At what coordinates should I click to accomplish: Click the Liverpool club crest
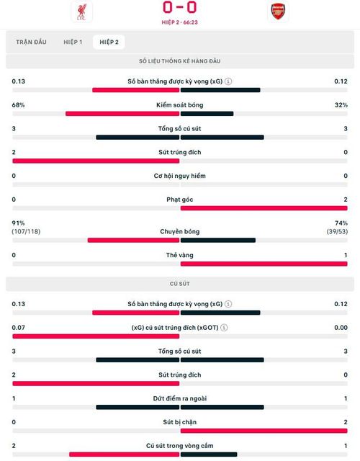tap(81, 12)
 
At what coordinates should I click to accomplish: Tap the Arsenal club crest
tap(278, 12)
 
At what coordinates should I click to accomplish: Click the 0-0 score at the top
tap(179, 7)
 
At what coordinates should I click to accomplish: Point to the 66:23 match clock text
tap(190, 22)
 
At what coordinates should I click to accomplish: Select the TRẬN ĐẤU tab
tap(31, 42)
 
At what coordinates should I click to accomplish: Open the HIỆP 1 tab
tap(73, 42)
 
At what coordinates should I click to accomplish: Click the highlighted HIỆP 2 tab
tap(109, 42)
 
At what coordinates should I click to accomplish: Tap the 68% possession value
tap(18, 105)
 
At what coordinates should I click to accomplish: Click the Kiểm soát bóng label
tap(179, 105)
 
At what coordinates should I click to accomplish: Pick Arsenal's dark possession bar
tap(207, 114)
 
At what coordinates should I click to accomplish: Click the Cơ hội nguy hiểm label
tap(179, 176)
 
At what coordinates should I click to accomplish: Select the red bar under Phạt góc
tap(264, 208)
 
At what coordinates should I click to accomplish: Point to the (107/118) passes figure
tap(26, 232)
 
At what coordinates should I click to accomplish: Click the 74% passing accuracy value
tap(341, 223)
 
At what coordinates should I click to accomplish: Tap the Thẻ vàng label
tap(179, 255)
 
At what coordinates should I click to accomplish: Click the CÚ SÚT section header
tap(180, 284)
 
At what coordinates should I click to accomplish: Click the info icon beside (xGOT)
tap(224, 328)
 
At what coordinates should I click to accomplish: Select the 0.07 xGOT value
tap(18, 328)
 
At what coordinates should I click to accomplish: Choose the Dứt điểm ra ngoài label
tap(179, 398)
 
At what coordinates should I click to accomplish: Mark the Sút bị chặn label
tap(179, 422)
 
